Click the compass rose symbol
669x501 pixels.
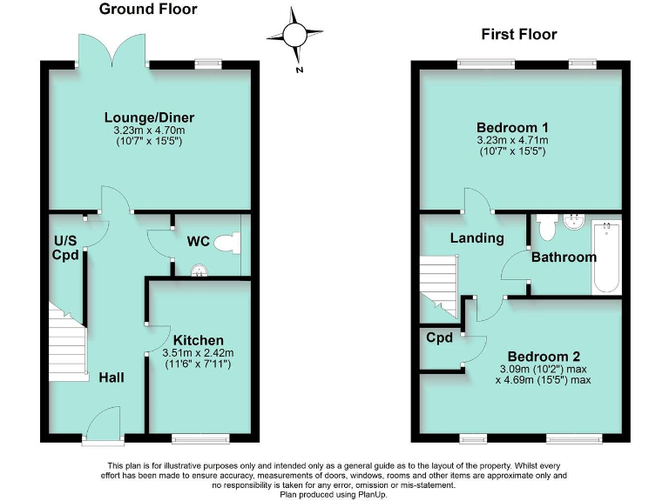point(294,35)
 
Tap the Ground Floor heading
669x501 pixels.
point(148,10)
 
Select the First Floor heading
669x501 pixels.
point(519,35)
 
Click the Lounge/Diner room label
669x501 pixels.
point(149,118)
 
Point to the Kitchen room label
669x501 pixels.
point(199,340)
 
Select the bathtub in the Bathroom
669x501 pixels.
point(605,257)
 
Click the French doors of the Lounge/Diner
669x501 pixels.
point(112,50)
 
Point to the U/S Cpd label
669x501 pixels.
point(66,248)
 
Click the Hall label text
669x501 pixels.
point(111,377)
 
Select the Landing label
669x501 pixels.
point(476,237)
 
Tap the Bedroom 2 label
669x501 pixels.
point(544,357)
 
